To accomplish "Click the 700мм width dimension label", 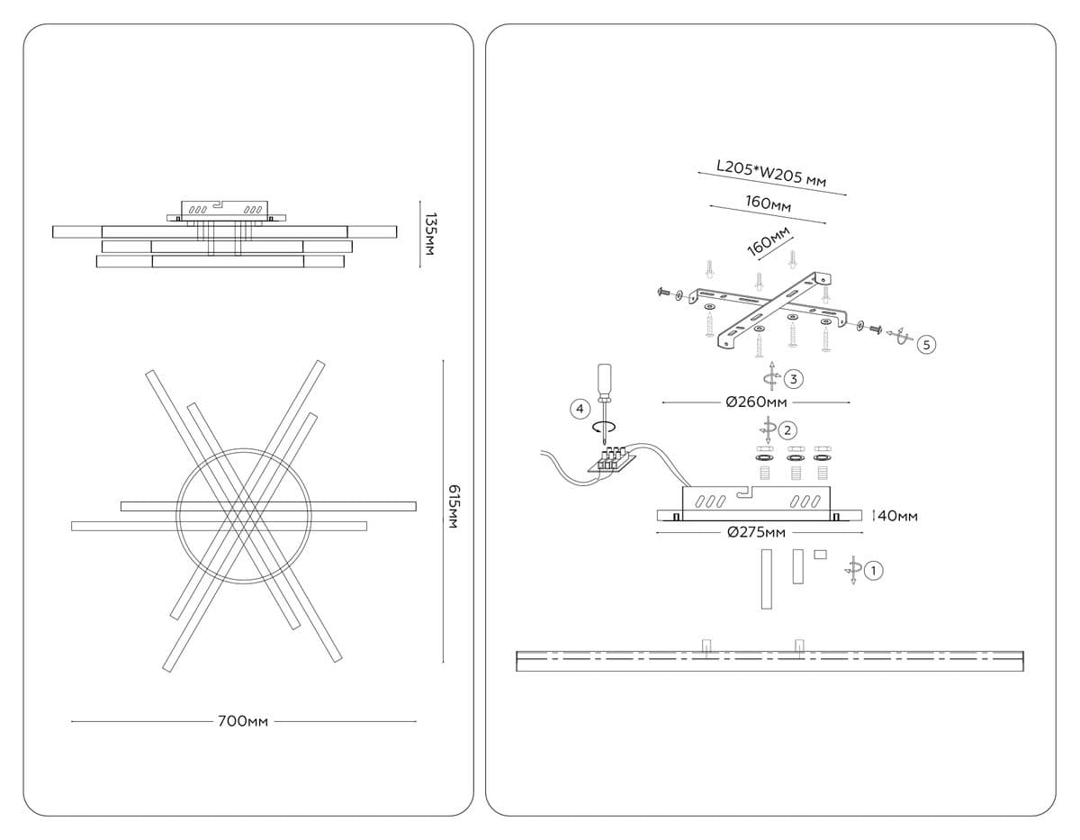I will pyautogui.click(x=243, y=721).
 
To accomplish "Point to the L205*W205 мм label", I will pyautogui.click(x=771, y=175).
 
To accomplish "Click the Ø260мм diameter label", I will pyautogui.click(x=756, y=402).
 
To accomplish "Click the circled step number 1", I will pyautogui.click(x=874, y=569).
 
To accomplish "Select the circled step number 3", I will pyautogui.click(x=792, y=378).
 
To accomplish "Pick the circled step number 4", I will pyautogui.click(x=580, y=410).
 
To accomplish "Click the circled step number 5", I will pyautogui.click(x=925, y=344).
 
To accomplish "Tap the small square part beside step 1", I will pyautogui.click(x=820, y=555).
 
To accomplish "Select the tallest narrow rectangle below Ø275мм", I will pyautogui.click(x=766, y=579).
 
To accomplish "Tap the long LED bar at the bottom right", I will pyautogui.click(x=770, y=660).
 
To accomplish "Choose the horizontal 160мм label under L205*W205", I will pyautogui.click(x=768, y=204).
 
